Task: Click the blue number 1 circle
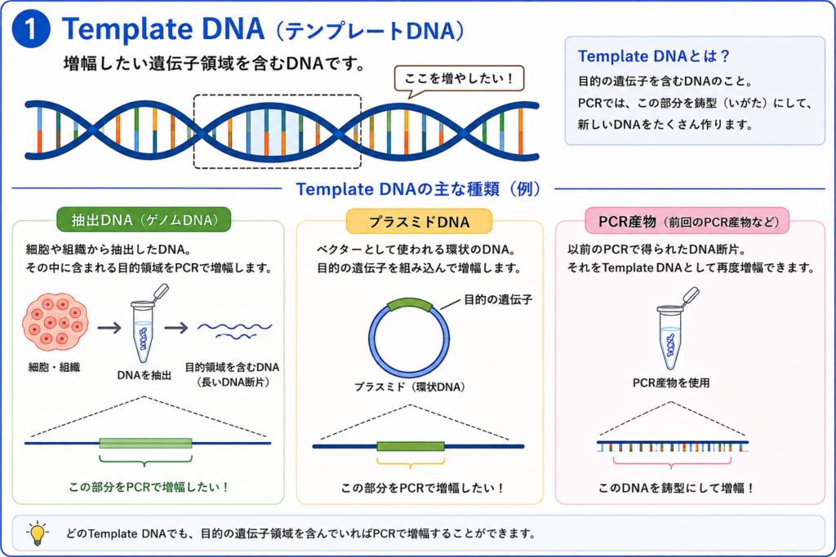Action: (31, 29)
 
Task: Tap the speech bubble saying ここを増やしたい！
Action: (459, 79)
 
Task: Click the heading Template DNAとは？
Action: (654, 56)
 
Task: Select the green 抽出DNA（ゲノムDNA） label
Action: (144, 220)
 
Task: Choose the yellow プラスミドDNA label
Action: (419, 222)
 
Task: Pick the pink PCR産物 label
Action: (687, 221)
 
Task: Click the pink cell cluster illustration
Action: (55, 321)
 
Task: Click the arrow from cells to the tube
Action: (109, 327)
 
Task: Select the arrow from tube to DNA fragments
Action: (176, 328)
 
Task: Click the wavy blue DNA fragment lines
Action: (234, 330)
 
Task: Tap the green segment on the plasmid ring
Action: (410, 304)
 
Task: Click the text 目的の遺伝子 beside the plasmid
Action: (498, 300)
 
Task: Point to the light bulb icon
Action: (38, 533)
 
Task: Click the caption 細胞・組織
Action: (55, 367)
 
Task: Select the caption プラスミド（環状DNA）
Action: (410, 387)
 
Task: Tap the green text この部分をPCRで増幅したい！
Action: (149, 487)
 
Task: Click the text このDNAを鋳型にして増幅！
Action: (677, 488)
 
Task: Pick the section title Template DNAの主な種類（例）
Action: (419, 189)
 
